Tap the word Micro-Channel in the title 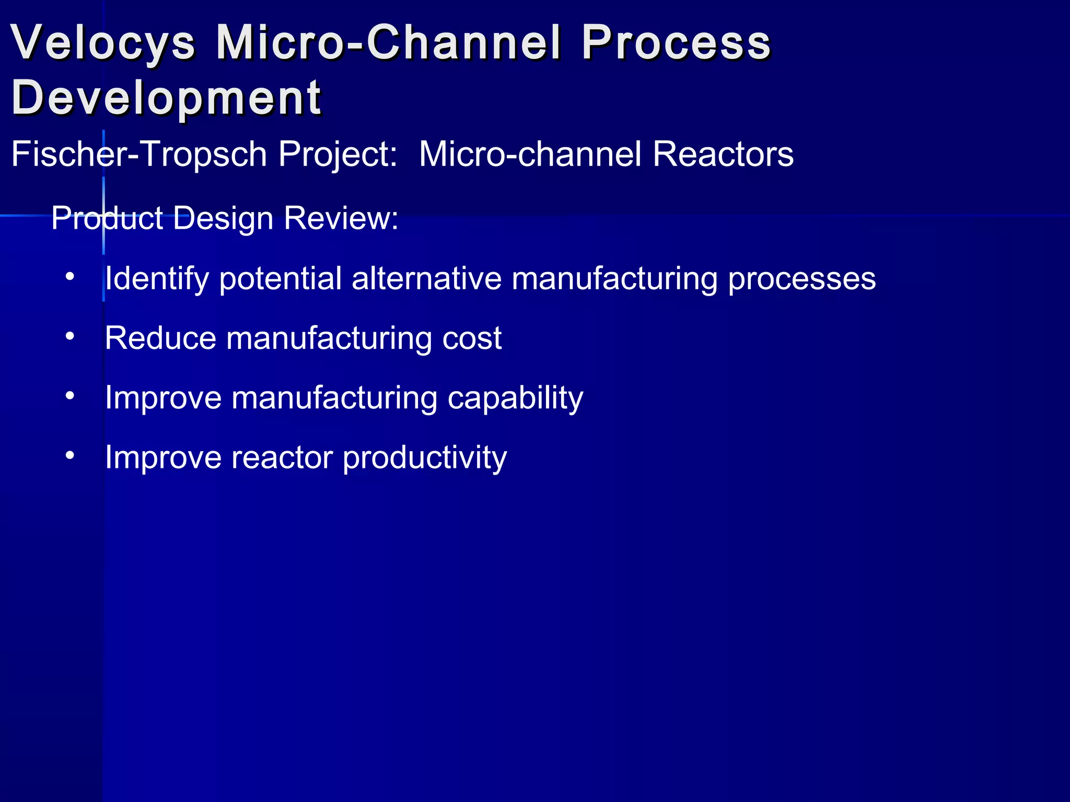point(389,43)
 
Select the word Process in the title point(676,43)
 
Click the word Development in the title point(166,98)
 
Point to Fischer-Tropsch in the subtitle point(139,155)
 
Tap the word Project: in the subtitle point(338,155)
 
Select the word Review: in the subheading point(341,218)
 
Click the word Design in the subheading point(223,218)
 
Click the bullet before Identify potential point(70,276)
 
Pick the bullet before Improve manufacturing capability point(70,396)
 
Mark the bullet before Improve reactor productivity point(70,455)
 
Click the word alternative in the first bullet point(426,278)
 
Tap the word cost point(472,339)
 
